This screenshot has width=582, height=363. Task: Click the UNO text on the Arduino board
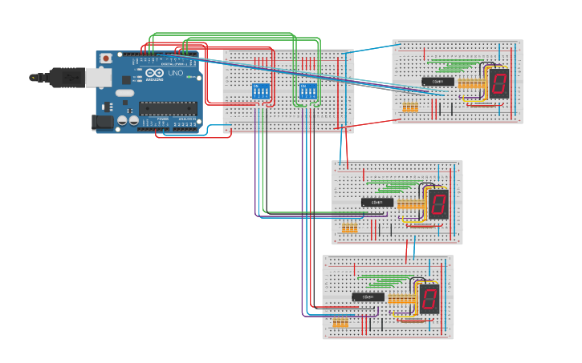[x=176, y=74]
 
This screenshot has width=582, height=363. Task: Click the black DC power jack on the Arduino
[x=103, y=122]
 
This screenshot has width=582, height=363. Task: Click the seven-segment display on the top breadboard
[x=499, y=83]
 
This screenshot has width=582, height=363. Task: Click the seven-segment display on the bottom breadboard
[x=429, y=299]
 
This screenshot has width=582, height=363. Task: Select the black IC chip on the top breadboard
[x=438, y=82]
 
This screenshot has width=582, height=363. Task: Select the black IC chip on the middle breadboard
[x=377, y=202]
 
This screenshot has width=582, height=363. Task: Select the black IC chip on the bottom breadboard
[x=368, y=297]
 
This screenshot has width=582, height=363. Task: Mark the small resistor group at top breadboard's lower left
[x=410, y=107]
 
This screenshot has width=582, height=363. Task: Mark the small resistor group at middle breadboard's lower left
[x=349, y=228]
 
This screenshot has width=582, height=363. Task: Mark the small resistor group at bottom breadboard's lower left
[x=340, y=322]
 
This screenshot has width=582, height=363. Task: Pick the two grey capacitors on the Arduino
[x=128, y=120]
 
